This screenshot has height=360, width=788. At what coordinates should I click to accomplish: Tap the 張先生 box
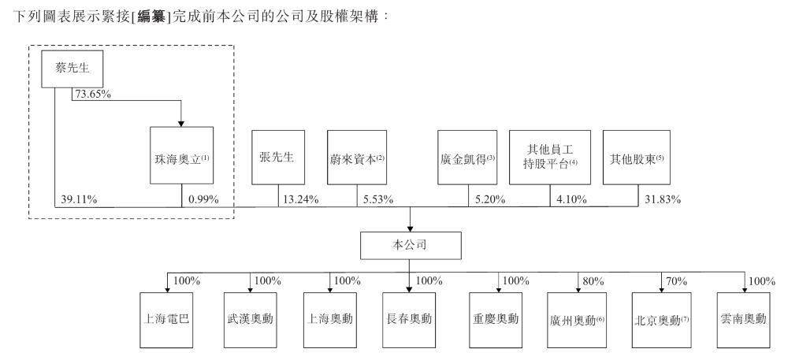click(277, 156)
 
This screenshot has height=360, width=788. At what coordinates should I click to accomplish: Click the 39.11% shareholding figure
click(80, 199)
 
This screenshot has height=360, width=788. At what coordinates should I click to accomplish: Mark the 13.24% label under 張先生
click(299, 199)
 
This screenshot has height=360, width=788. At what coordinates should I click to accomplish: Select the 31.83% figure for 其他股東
click(662, 199)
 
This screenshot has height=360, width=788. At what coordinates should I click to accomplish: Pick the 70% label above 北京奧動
click(677, 280)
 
